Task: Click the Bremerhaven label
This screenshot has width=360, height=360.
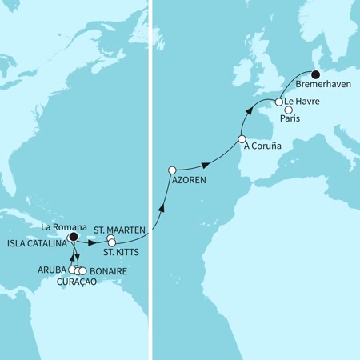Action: point(323,83)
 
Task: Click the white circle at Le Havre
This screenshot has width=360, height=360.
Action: point(279,102)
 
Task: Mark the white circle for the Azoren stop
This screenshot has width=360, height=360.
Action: point(172,170)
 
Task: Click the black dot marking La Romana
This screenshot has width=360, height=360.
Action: point(73,237)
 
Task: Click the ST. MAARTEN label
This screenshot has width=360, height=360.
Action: point(120,229)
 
